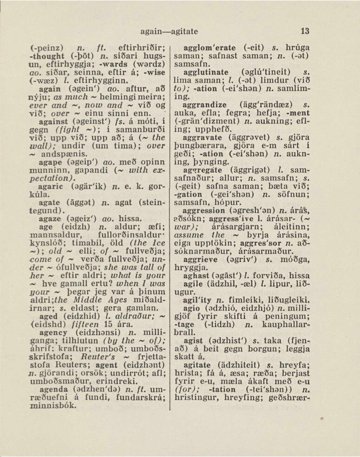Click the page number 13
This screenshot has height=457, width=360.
point(305,32)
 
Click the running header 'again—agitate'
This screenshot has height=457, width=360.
point(169,32)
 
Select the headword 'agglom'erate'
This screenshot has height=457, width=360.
point(211,48)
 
